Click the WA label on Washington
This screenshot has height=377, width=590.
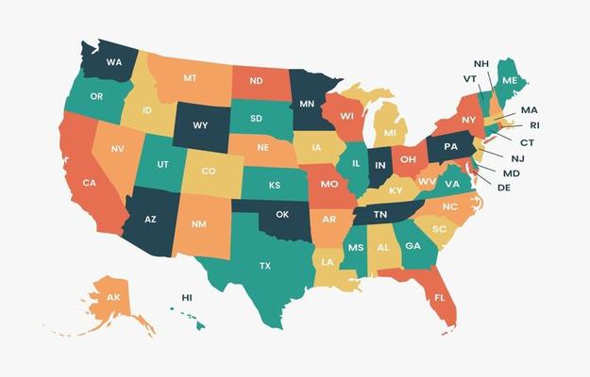(114, 62)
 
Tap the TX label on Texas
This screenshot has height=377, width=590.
(265, 266)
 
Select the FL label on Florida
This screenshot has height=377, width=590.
(440, 298)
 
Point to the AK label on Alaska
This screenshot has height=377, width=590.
(113, 298)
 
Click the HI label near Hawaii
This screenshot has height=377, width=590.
(187, 298)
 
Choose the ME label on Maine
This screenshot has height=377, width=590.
(510, 81)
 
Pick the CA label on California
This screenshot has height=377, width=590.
(89, 183)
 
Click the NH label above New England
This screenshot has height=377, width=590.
(480, 63)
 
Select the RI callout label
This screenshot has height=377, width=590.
(533, 125)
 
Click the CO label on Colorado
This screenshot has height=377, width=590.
(209, 172)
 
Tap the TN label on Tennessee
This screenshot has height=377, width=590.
(380, 215)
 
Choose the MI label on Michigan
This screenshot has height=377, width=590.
(390, 133)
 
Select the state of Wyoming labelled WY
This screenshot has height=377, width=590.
(200, 125)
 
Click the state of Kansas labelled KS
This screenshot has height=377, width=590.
(274, 185)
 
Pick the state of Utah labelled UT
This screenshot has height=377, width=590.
(163, 164)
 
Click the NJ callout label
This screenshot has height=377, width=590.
(517, 158)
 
